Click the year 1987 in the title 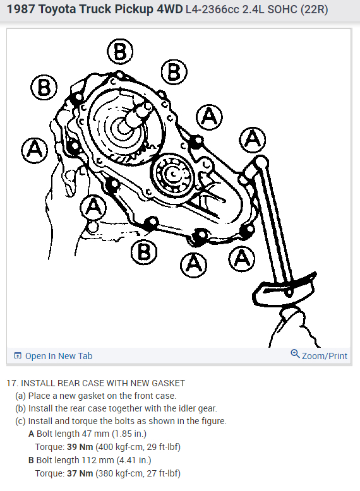pyautogui.click(x=22, y=11)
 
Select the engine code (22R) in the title pyautogui.click(x=313, y=11)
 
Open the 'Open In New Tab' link pyautogui.click(x=58, y=356)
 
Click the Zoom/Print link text pyautogui.click(x=324, y=356)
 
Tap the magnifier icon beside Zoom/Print pyautogui.click(x=295, y=354)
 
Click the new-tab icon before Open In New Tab pyautogui.click(x=18, y=356)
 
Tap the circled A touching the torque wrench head pyautogui.click(x=253, y=139)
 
